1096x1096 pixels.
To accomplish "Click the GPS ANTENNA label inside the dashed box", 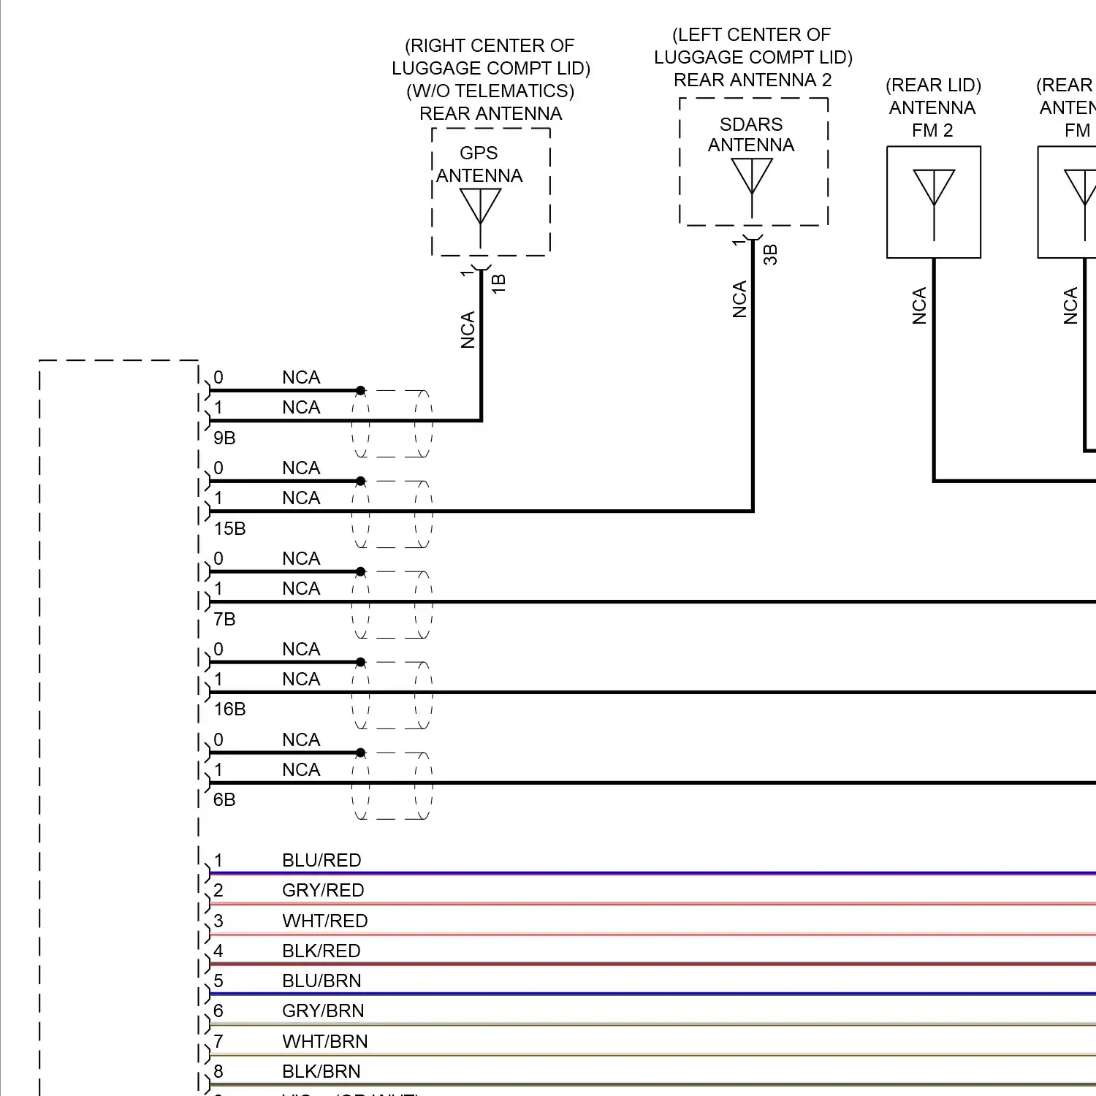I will tap(479, 164).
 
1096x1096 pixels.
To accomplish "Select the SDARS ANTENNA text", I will tap(750, 134).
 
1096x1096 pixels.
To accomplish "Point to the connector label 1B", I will tap(498, 283).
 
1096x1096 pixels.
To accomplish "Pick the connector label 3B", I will tap(770, 254).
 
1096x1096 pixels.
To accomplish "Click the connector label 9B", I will tap(224, 438).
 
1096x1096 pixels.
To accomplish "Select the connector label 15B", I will tap(229, 528).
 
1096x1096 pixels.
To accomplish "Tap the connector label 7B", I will tap(224, 619).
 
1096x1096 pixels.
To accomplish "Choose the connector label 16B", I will tap(229, 709).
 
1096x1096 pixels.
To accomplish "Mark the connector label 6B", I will tap(224, 799).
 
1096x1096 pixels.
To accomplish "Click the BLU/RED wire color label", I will tap(321, 860).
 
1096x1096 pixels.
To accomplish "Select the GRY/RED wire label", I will tap(323, 890).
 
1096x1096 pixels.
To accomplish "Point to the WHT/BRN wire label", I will tap(324, 1041).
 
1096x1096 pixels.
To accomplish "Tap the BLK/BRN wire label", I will tap(321, 1071).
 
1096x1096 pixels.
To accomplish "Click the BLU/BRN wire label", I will tap(321, 981).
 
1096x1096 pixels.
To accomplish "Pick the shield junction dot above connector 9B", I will tap(360, 391).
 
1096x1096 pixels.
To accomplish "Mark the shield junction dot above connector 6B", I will tap(360, 753).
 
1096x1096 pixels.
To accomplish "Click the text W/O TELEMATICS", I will tap(490, 91).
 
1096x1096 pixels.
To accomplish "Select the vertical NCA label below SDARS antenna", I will tap(739, 299).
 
